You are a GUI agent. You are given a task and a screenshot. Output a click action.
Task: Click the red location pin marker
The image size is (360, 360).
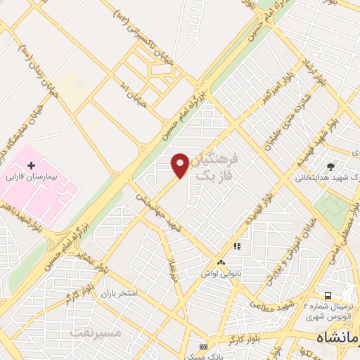pyautogui.click(x=180, y=165)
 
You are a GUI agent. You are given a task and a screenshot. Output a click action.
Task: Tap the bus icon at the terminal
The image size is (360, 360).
pyautogui.click(x=328, y=295)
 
